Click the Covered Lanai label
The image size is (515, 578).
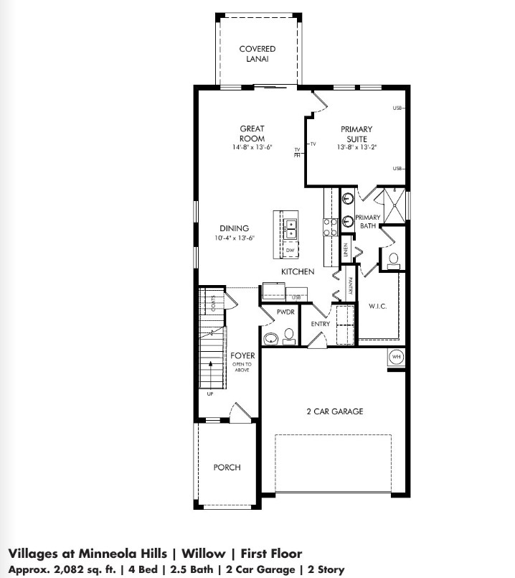click(x=257, y=54)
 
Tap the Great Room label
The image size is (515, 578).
click(x=252, y=134)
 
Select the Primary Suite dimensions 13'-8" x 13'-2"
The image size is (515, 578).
click(x=356, y=147)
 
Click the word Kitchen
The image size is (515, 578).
click(x=298, y=272)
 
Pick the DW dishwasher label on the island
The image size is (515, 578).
click(x=290, y=250)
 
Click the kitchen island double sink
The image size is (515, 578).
click(x=291, y=229)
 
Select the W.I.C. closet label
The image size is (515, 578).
click(x=378, y=307)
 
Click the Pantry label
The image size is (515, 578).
click(x=351, y=286)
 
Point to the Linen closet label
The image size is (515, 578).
click(x=346, y=250)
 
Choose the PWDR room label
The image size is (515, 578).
click(x=276, y=312)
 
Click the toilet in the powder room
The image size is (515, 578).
click(x=288, y=335)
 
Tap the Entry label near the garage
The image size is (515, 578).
click(x=320, y=324)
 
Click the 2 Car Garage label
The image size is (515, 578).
click(x=335, y=411)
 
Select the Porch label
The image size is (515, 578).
click(x=227, y=467)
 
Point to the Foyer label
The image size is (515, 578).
click(x=241, y=355)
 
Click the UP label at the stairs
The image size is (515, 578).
click(x=211, y=394)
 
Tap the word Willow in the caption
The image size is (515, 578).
click(x=203, y=554)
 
